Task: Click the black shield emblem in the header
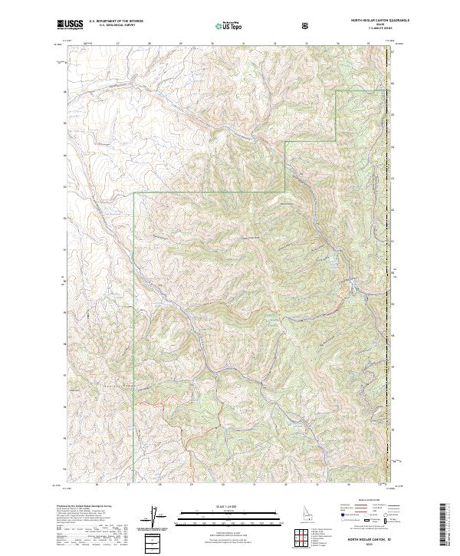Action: [307, 25]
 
